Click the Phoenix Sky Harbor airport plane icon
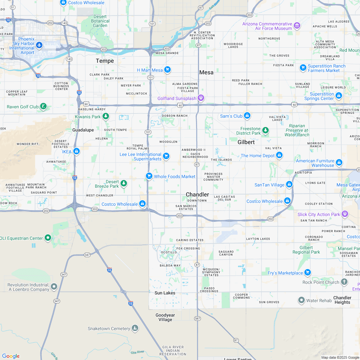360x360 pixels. (x=40, y=45)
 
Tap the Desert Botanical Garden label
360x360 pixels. (x=100, y=21)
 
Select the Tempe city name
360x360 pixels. (x=105, y=61)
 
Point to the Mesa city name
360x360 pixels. (x=206, y=72)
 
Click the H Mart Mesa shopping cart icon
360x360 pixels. (x=167, y=69)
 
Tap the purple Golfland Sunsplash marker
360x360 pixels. (x=201, y=97)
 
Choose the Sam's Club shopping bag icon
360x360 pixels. (x=247, y=115)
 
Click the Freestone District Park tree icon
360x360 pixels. (x=265, y=130)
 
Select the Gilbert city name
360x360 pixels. (x=246, y=142)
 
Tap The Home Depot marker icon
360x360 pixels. (x=279, y=155)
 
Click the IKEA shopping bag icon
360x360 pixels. (x=76, y=151)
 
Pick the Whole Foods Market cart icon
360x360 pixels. (x=149, y=176)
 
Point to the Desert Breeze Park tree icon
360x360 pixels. (x=123, y=184)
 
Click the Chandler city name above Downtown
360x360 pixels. (x=197, y=194)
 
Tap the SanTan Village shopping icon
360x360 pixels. (x=289, y=184)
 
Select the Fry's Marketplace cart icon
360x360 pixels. (x=307, y=272)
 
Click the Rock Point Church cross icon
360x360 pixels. (x=344, y=282)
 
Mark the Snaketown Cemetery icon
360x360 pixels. (x=135, y=328)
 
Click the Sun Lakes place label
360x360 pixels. (x=165, y=293)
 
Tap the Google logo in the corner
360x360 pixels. (x=11, y=356)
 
